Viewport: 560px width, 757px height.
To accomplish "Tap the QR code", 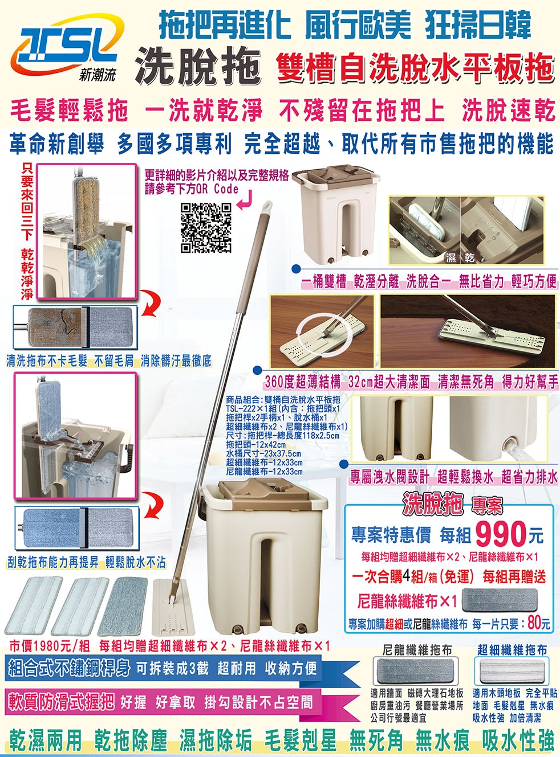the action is point(206,228).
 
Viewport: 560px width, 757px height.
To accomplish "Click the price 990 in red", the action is point(500,535).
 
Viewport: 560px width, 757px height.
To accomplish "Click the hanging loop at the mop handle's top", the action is point(267,207).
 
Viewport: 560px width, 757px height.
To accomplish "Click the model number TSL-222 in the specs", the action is point(240,409).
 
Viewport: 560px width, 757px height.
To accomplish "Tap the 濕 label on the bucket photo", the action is point(451,257).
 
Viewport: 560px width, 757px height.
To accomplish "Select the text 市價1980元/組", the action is point(49,646).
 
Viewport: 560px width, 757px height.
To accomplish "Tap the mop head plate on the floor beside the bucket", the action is point(173,606).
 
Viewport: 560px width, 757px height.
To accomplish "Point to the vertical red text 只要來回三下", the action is point(27,202).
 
